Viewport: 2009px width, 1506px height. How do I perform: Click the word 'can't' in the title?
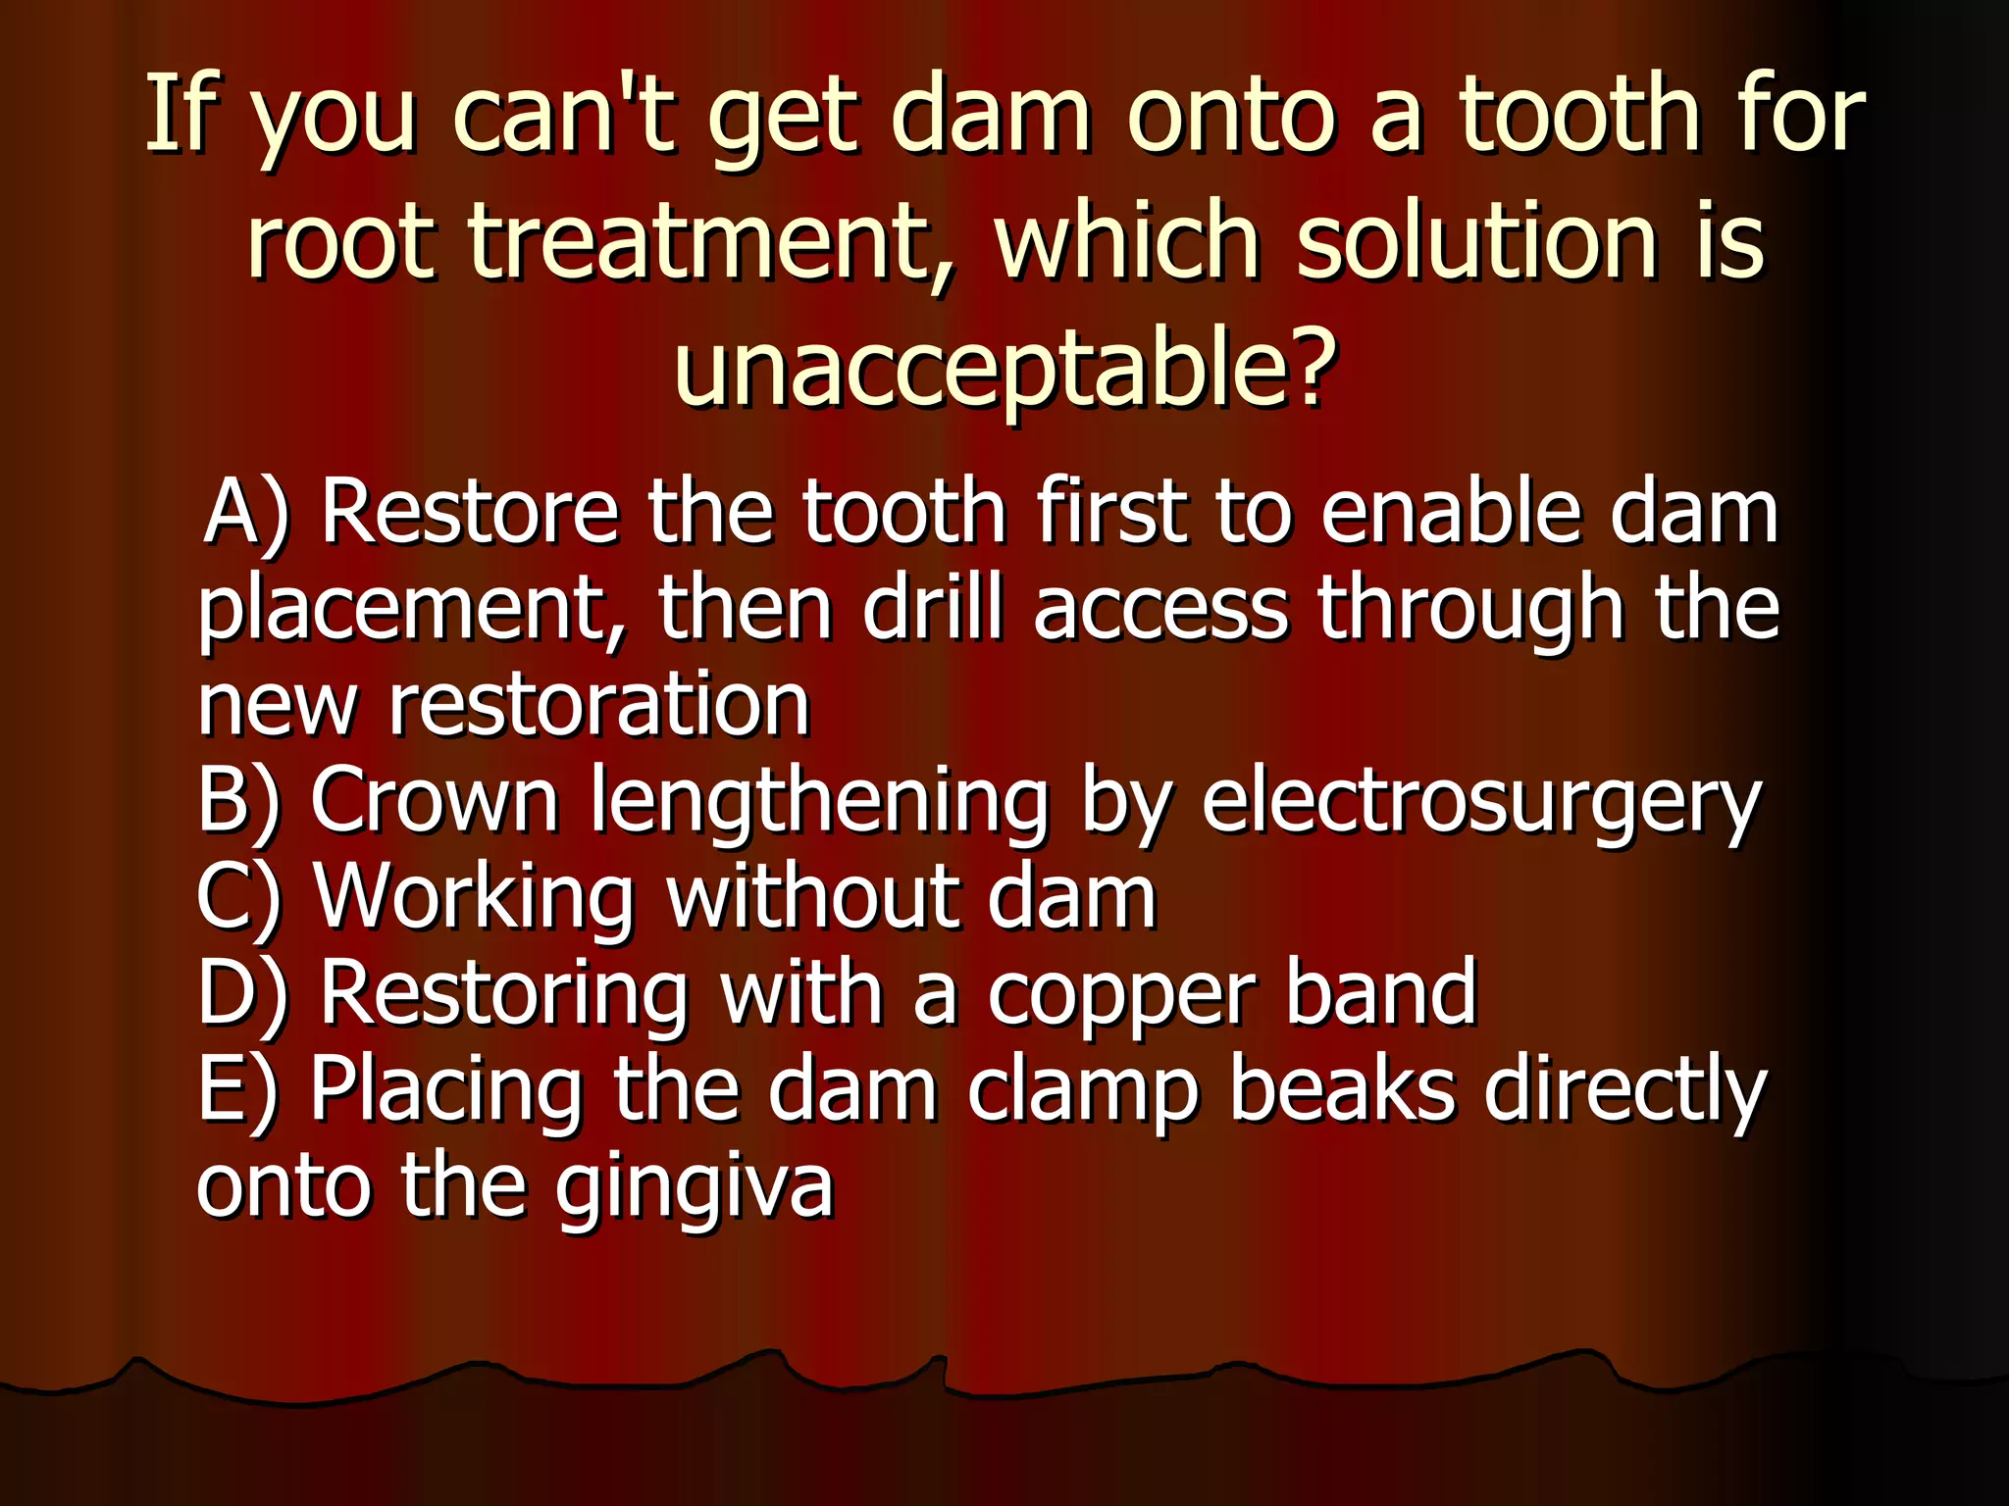point(564,116)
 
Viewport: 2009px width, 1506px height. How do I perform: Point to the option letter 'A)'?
point(246,512)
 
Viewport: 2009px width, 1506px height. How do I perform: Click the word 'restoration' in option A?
point(599,704)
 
